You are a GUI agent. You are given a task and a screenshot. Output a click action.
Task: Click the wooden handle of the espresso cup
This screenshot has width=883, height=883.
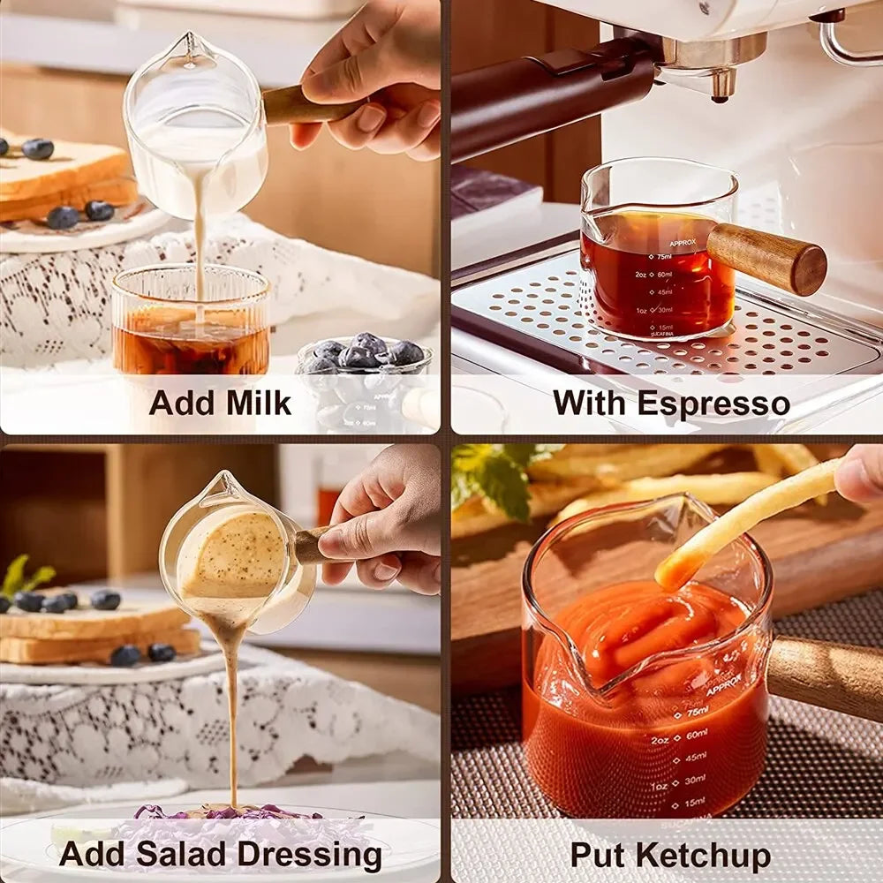[x=768, y=257]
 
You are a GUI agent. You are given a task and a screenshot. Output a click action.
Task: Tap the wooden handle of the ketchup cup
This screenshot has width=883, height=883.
[x=826, y=675]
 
